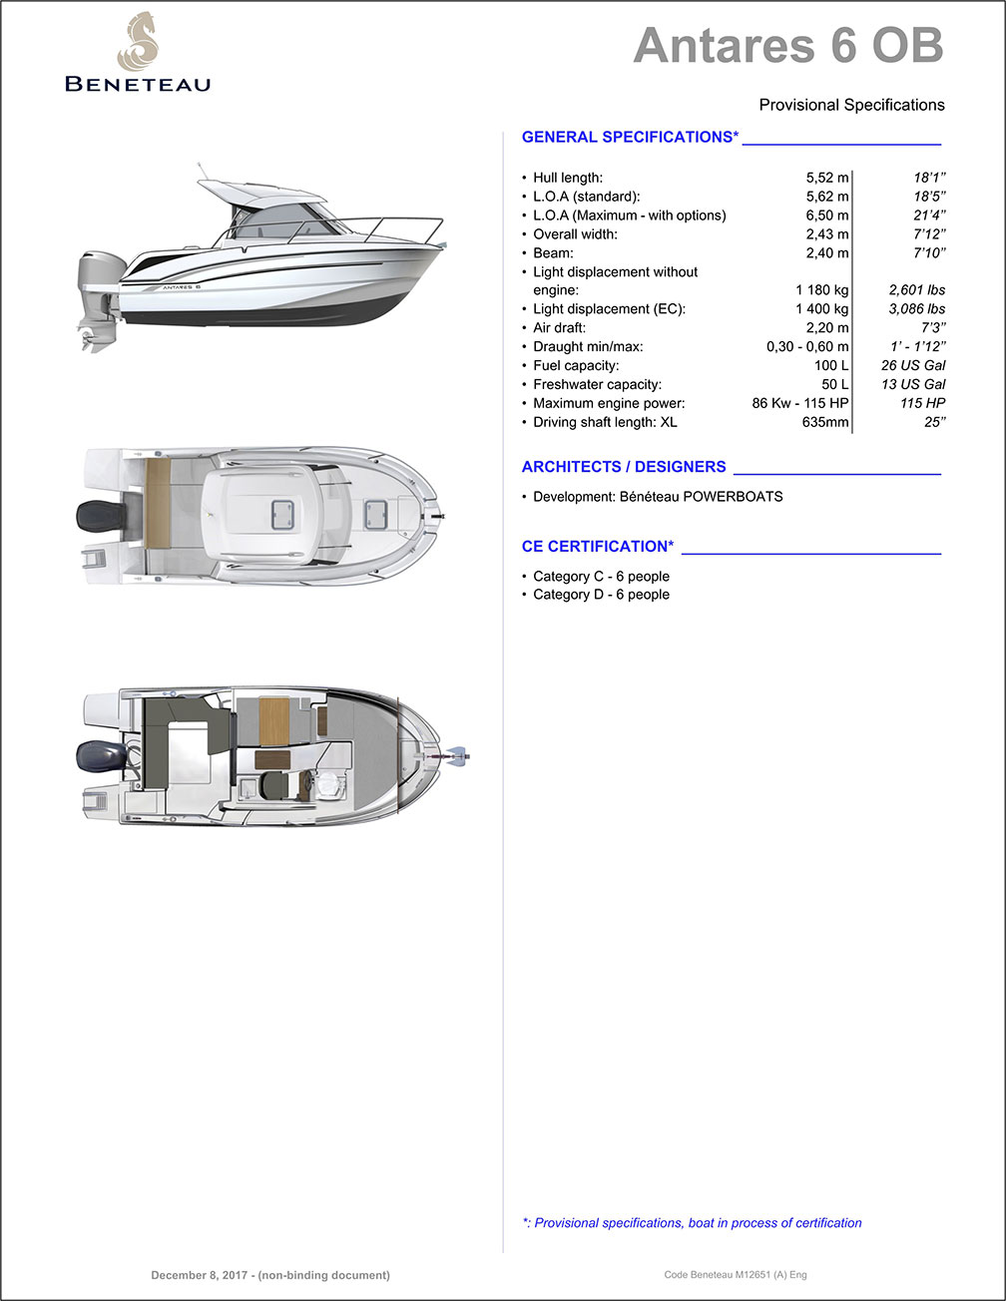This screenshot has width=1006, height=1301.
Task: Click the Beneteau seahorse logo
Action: click(137, 42)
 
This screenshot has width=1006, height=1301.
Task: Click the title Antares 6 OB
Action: click(787, 45)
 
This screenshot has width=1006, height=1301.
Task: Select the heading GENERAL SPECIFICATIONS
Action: click(630, 137)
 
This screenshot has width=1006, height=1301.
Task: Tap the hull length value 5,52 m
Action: click(826, 178)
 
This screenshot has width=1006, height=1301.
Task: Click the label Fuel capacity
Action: click(576, 365)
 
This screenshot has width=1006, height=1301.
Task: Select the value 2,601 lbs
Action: click(916, 290)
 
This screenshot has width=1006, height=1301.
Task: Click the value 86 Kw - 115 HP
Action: click(799, 403)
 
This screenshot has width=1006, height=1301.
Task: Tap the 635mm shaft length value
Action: click(825, 422)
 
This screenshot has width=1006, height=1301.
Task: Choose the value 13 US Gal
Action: click(913, 384)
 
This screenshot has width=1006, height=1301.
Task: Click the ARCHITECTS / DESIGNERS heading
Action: click(624, 467)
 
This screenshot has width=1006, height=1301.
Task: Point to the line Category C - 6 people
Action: click(601, 577)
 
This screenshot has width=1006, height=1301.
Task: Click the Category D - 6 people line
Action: click(601, 595)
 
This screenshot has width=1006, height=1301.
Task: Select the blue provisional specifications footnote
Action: click(692, 1222)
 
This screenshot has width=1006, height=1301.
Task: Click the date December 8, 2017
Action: click(270, 1275)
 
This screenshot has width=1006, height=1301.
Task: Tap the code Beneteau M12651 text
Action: click(735, 1275)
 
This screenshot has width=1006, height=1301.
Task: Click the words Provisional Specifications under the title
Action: click(851, 105)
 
